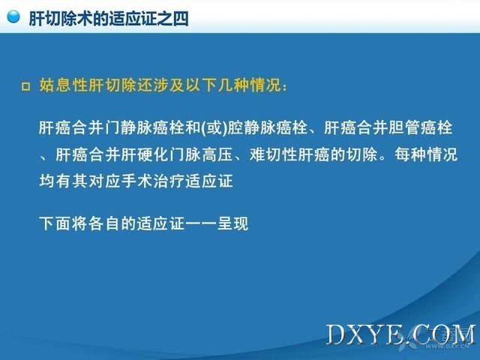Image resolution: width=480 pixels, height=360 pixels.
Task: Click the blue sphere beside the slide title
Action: [x=13, y=16]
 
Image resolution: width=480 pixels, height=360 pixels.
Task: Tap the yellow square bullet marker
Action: [x=26, y=87]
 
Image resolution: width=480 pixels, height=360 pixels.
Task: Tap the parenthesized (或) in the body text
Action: [x=214, y=127]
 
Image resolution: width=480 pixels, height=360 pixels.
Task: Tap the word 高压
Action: [x=217, y=154]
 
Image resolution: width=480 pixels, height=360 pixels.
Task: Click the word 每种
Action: [x=410, y=154]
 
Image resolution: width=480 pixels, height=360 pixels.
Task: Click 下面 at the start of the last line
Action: [x=55, y=223]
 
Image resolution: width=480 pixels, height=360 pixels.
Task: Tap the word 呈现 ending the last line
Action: [x=232, y=223]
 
